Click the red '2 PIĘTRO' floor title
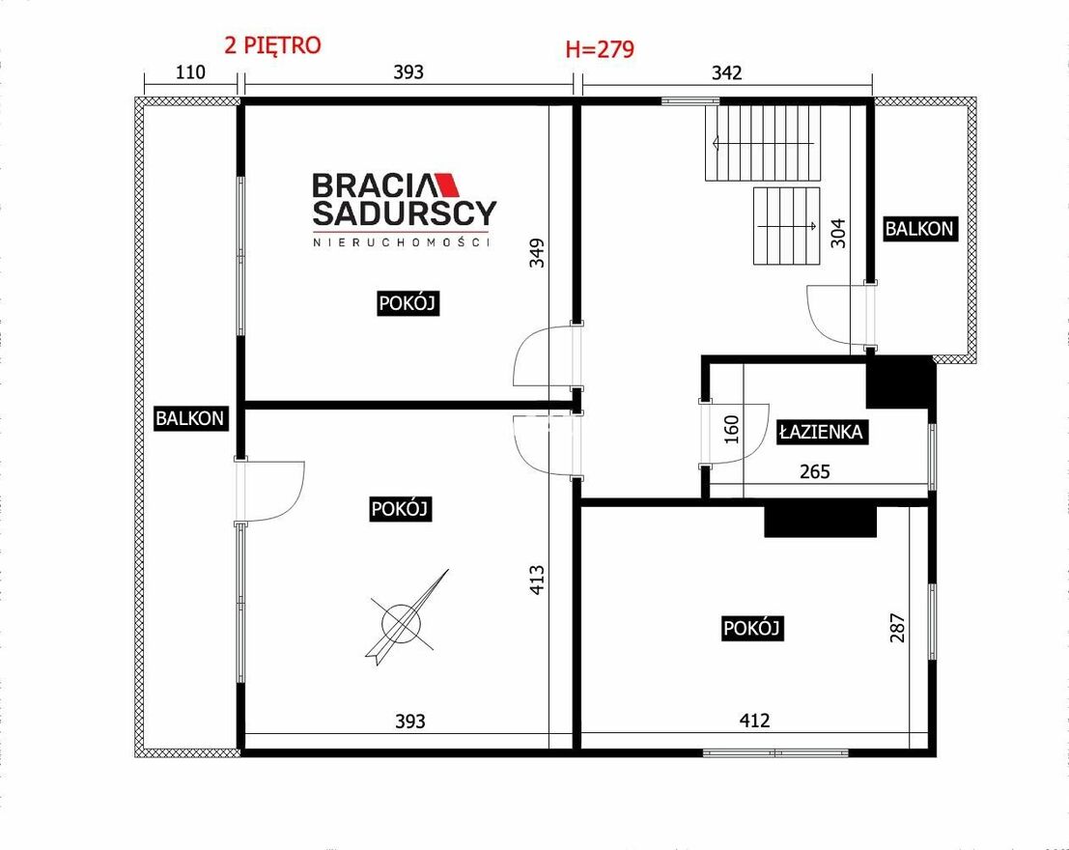272,45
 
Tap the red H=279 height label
600,49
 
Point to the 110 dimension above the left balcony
190,71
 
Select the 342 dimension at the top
727,72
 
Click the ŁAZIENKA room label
822,432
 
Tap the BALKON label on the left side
189,417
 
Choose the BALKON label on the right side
919,229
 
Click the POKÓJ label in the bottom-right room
752,628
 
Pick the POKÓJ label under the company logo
407,303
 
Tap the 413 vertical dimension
537,580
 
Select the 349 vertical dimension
537,252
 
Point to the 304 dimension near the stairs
838,233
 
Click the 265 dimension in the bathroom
815,471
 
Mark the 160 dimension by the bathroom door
732,430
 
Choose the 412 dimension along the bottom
755,721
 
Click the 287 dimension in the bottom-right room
898,628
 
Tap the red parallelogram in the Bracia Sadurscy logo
447,184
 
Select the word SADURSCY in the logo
405,212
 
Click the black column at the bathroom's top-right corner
900,383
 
